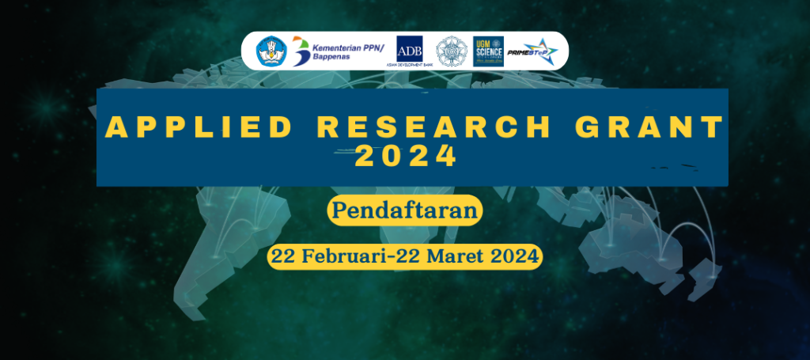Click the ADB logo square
410,47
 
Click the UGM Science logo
488,51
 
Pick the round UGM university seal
452,51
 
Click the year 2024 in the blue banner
406,155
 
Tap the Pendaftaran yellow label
404,210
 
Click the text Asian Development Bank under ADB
410,63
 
